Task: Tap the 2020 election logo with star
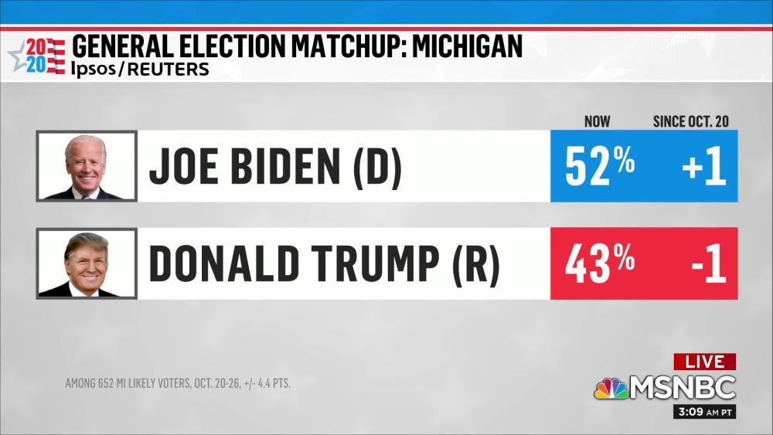pos(37,55)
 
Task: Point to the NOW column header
pos(597,121)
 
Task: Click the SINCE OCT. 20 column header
pos(690,121)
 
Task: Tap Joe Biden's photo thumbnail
pos(86,166)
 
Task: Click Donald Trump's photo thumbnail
pos(86,263)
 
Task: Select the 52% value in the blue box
pos(600,167)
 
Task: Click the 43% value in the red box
pos(600,264)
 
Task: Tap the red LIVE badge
pos(704,362)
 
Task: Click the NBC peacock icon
pos(611,387)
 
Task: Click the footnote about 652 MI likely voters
pos(178,383)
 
